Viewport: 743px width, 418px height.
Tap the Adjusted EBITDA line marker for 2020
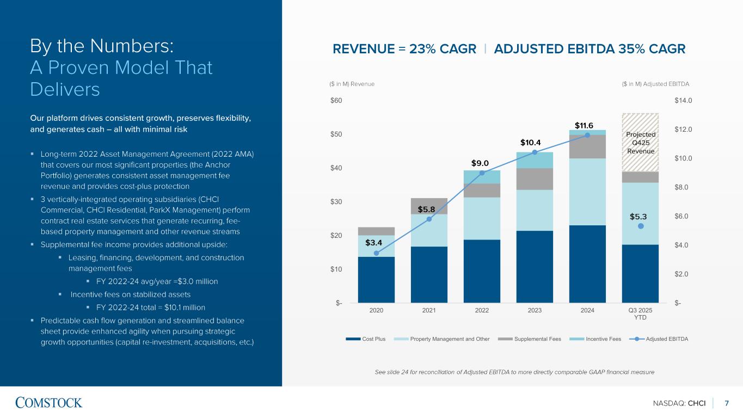pyautogui.click(x=376, y=253)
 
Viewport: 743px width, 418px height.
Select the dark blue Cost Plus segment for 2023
pyautogui.click(x=535, y=266)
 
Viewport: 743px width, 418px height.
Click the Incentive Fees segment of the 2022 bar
pyautogui.click(x=482, y=177)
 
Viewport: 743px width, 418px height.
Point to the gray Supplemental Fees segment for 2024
pyautogui.click(x=587, y=146)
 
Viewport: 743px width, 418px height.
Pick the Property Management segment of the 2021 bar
pyautogui.click(x=429, y=230)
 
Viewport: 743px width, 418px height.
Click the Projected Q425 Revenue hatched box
pyautogui.click(x=640, y=142)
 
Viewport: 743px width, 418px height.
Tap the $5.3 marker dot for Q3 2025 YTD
pyautogui.click(x=641, y=226)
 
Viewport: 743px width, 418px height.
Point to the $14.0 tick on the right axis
pyautogui.click(x=683, y=101)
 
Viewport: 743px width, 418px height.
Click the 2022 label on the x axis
pyautogui.click(x=482, y=310)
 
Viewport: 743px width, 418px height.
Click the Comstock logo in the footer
pyautogui.click(x=49, y=403)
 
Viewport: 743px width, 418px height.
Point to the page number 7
pyautogui.click(x=727, y=403)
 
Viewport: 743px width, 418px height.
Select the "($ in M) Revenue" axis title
pyautogui.click(x=352, y=84)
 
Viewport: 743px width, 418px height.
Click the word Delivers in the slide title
pyautogui.click(x=65, y=89)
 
